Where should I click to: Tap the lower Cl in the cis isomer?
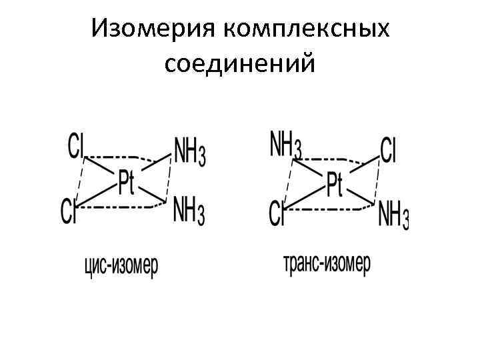coord(69,212)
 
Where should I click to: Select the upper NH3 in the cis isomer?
coord(189,153)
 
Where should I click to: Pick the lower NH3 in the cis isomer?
coord(189,212)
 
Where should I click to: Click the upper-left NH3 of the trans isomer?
coord(285,147)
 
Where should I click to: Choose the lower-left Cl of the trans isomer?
coord(277,215)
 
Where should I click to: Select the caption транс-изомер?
coord(326,264)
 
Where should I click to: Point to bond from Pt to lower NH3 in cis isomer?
coord(153,193)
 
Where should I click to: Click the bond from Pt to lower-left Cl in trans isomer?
coord(303,199)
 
